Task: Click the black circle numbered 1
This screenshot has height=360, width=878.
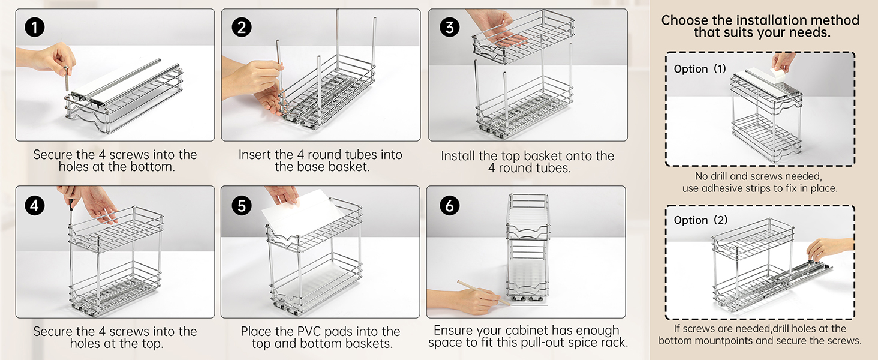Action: [35, 28]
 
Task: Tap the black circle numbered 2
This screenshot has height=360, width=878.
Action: [242, 28]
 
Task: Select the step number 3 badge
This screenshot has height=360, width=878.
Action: [449, 28]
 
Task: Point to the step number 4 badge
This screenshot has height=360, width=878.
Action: [35, 205]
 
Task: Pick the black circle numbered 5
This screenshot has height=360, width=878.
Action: [242, 205]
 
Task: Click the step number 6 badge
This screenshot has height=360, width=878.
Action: [449, 205]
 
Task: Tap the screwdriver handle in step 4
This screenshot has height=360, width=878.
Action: [71, 203]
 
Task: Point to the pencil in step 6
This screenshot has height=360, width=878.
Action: [484, 293]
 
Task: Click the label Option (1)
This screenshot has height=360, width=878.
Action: [700, 69]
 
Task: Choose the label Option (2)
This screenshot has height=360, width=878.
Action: [700, 220]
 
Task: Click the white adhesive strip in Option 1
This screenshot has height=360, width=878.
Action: [778, 75]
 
